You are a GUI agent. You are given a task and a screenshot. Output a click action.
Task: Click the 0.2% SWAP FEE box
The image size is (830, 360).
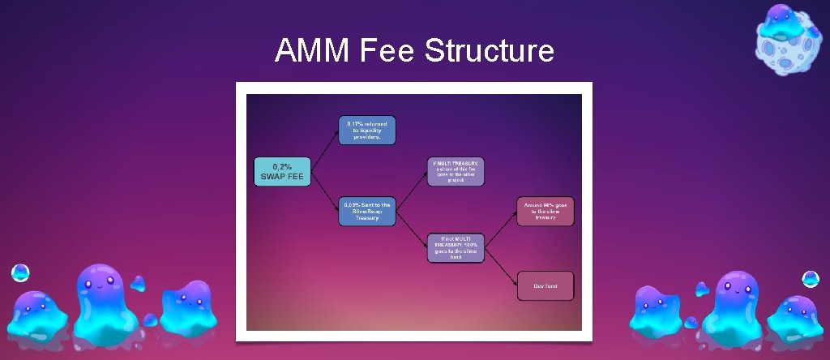pyautogui.click(x=282, y=172)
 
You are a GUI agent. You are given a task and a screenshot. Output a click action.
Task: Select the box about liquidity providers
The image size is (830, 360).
pyautogui.click(x=367, y=131)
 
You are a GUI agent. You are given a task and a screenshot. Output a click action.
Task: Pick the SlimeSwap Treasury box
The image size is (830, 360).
pyautogui.click(x=367, y=211)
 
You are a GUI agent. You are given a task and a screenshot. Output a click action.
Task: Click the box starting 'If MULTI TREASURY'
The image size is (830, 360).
pyautogui.click(x=456, y=171)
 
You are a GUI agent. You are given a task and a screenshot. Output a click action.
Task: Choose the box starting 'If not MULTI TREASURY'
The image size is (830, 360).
pyautogui.click(x=455, y=248)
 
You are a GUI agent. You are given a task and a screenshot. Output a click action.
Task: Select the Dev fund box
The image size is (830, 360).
pyautogui.click(x=545, y=285)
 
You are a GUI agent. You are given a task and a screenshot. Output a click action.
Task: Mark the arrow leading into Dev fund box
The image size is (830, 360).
pyautogui.click(x=501, y=268)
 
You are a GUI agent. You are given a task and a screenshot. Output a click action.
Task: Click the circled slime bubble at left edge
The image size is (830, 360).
pyautogui.click(x=20, y=273)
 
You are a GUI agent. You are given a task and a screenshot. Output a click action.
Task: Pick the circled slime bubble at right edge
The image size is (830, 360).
pyautogui.click(x=810, y=279)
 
